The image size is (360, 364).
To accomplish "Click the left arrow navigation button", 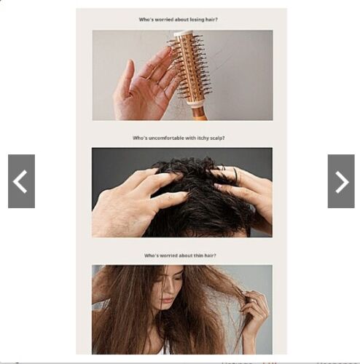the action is [21, 181].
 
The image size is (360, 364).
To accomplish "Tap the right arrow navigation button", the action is [341, 181].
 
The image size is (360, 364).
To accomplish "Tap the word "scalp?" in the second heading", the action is [217, 138].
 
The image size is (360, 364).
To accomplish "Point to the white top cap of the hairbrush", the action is [184, 33].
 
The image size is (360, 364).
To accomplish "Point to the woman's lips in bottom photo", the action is [167, 301].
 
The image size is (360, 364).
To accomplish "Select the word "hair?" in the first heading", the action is [211, 20].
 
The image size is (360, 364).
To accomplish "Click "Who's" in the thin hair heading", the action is [151, 256].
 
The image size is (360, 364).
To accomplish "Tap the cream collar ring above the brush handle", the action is [195, 103].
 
